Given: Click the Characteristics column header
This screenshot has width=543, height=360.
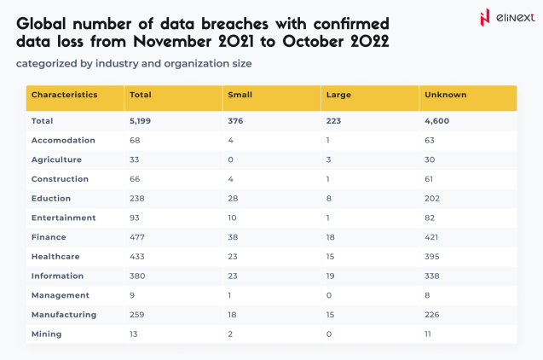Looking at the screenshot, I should click(64, 95).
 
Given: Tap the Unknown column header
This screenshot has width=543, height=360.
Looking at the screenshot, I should click(445, 95).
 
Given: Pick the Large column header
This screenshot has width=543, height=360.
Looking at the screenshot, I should click(338, 95).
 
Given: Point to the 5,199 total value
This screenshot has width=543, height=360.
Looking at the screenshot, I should click(140, 121).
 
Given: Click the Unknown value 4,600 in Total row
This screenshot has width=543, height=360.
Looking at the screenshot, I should click(437, 121).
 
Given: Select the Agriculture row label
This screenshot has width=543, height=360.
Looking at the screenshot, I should click(56, 160).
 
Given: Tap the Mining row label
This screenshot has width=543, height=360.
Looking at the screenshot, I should click(47, 334).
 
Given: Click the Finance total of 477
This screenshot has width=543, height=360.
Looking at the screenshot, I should click(136, 237).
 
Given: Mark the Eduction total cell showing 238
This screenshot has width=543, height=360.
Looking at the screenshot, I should click(136, 199).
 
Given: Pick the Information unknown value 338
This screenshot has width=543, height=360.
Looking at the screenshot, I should click(433, 276).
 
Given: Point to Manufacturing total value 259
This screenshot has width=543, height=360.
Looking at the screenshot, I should click(136, 315).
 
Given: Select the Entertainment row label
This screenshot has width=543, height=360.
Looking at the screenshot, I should click(64, 218).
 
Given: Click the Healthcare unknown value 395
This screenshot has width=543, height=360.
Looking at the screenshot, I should click(433, 257).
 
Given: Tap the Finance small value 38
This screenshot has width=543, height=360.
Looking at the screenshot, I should click(234, 237).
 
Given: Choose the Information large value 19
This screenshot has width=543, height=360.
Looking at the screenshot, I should click(332, 276).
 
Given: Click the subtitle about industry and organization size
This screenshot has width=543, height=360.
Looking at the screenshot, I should click(134, 63).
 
